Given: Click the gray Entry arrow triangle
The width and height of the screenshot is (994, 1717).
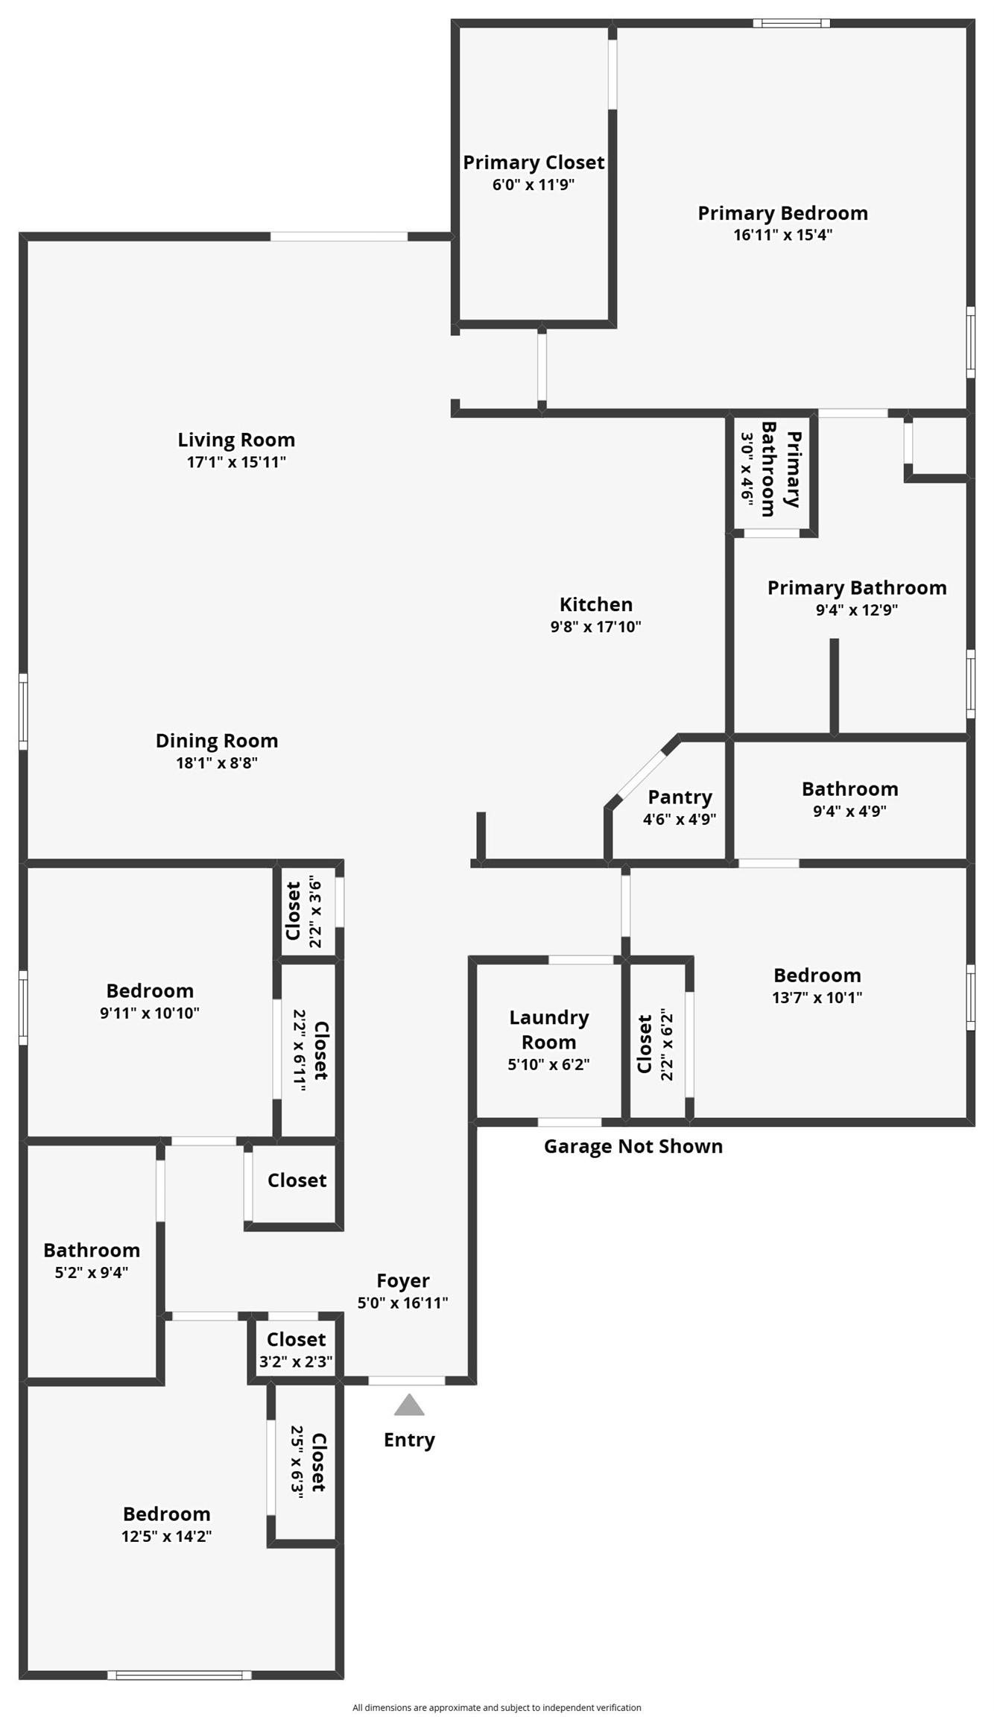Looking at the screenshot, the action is coord(409,1405).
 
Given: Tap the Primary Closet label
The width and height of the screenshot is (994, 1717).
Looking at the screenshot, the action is coord(534,162).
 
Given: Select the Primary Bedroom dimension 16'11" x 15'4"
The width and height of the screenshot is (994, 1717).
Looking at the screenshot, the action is coord(782,235).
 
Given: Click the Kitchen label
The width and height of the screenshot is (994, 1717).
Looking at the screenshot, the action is coord(596,604).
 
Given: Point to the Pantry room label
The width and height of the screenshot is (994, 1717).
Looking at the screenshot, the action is coord(680,797).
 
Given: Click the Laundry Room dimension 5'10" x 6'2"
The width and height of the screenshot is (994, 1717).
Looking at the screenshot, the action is coord(548,1065).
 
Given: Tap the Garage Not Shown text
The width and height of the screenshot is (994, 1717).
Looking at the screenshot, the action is coord(633,1146).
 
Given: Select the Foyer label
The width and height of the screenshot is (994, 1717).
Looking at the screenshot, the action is coord(402,1281).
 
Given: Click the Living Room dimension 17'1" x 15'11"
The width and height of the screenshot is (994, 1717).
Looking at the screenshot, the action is coord(236,462).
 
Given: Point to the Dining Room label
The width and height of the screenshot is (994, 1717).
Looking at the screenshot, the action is coord(217,741).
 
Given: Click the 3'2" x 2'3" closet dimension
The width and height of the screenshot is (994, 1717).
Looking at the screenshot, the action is coord(296,1362).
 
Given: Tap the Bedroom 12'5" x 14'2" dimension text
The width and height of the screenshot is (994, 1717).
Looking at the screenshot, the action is coord(167,1536).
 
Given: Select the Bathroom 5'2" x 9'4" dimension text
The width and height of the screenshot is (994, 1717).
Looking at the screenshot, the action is coord(92,1272).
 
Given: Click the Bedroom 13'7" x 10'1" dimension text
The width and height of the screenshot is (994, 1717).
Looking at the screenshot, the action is coord(817,997).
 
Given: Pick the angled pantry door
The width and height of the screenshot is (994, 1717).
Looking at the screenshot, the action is coord(642,773).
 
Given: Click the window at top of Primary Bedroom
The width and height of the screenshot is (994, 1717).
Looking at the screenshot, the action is coord(791,23).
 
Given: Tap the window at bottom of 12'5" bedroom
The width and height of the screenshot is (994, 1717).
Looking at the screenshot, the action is coord(180,1675).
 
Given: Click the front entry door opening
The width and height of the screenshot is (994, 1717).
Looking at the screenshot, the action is coord(407,1381).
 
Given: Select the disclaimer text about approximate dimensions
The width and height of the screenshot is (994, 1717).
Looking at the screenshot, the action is coord(497,1707).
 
